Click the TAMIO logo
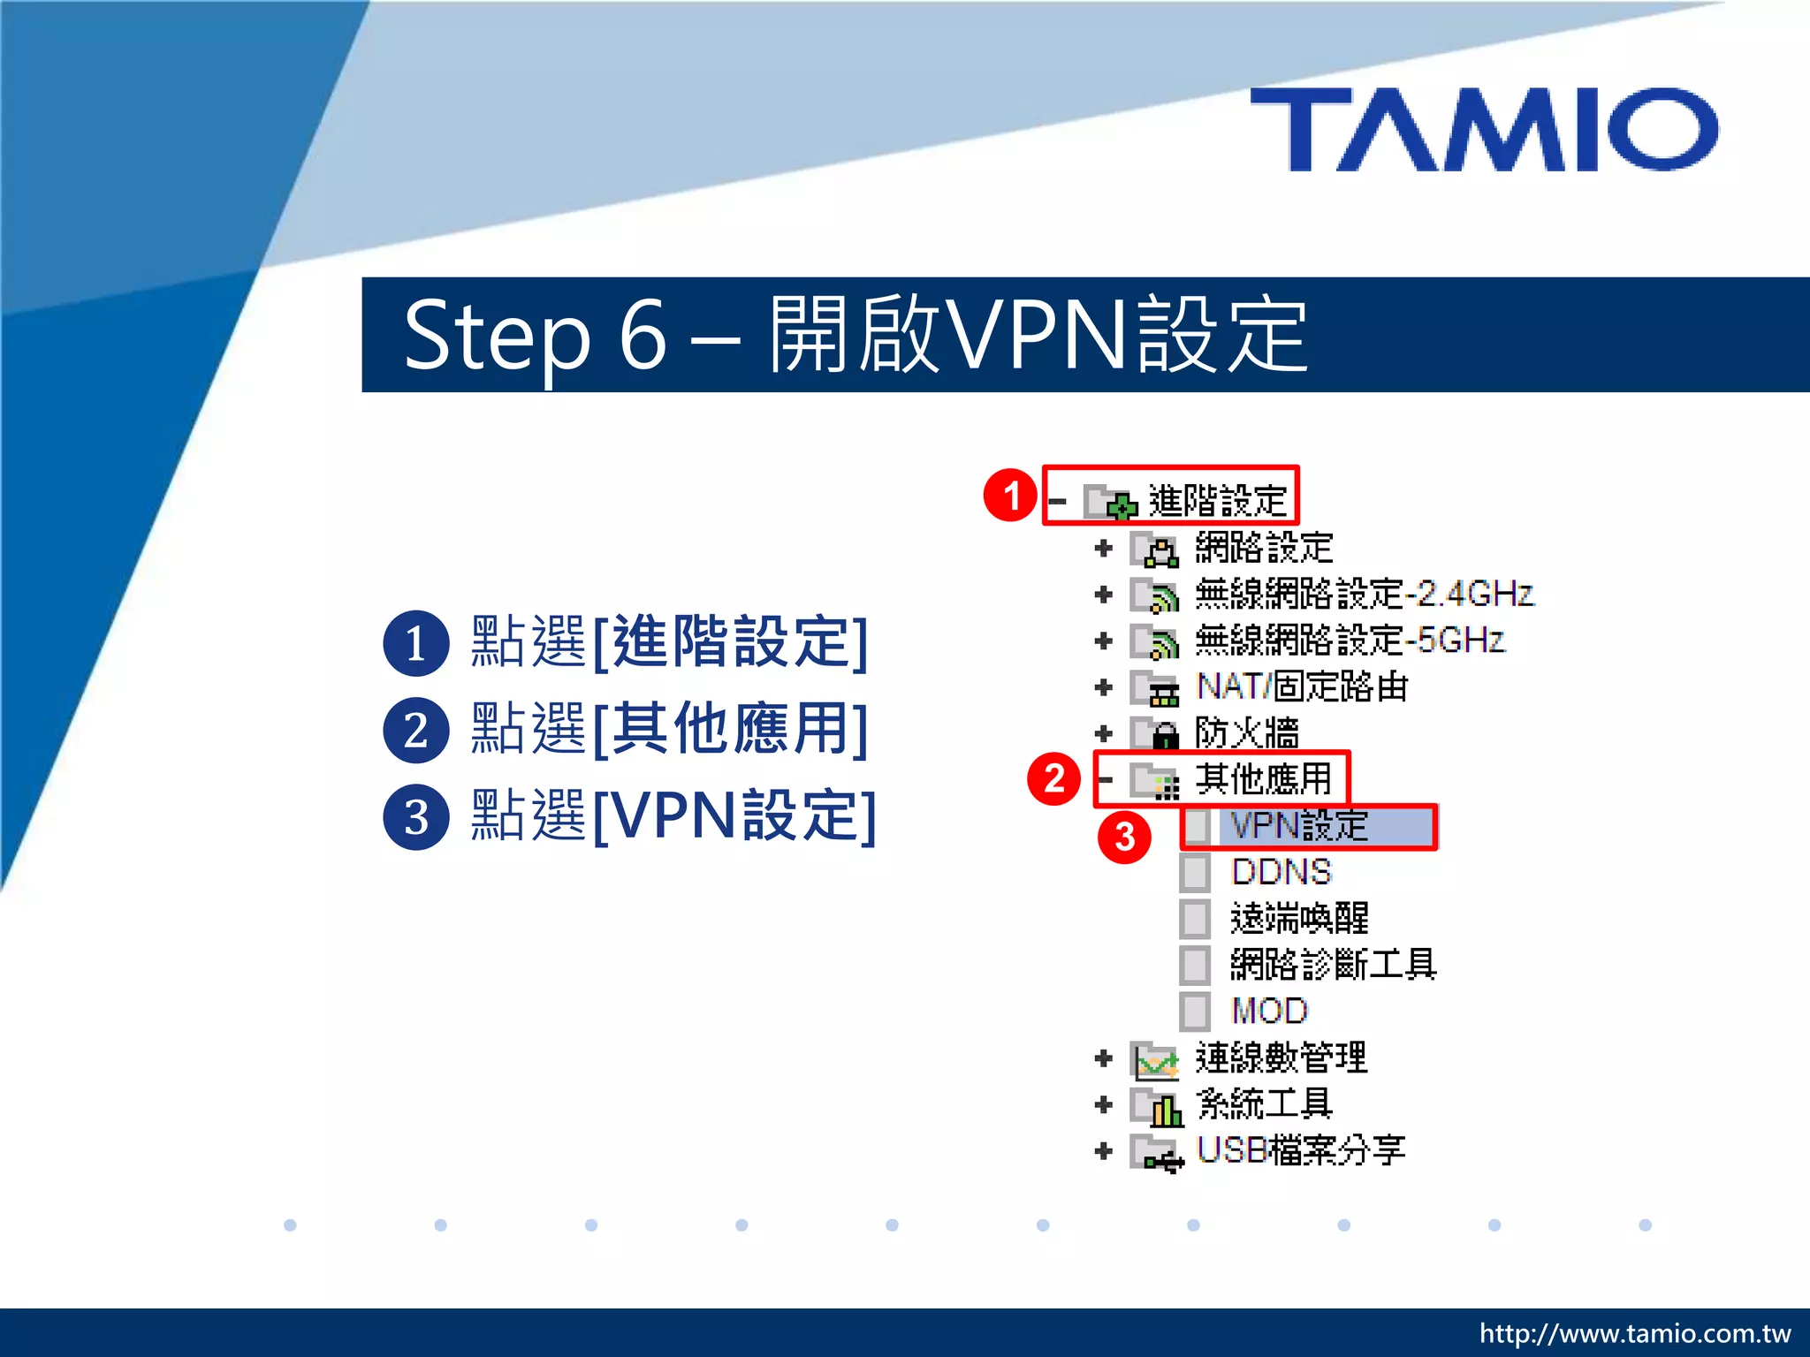pyautogui.click(x=1485, y=130)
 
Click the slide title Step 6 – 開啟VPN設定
pyautogui.click(x=856, y=335)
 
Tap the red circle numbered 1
pyautogui.click(x=1009, y=496)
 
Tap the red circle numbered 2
pyautogui.click(x=1053, y=779)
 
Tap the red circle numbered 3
pyautogui.click(x=1123, y=837)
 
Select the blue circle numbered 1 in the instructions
pyautogui.click(x=415, y=643)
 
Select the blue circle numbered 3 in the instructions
pyautogui.click(x=415, y=817)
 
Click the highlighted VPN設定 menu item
pyautogui.click(x=1299, y=826)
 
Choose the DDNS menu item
pyautogui.click(x=1281, y=872)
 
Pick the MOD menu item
pyautogui.click(x=1268, y=1011)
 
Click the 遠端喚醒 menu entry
pyautogui.click(x=1299, y=919)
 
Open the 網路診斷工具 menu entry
pyautogui.click(x=1333, y=965)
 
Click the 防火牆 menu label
pyautogui.click(x=1246, y=733)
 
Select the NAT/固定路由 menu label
pyautogui.click(x=1301, y=686)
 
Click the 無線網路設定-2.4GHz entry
pyautogui.click(x=1364, y=594)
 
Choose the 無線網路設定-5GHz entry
pyautogui.click(x=1349, y=641)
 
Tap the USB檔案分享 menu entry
pyautogui.click(x=1300, y=1150)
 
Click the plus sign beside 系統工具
pyautogui.click(x=1103, y=1104)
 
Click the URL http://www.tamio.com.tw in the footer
pyautogui.click(x=1635, y=1333)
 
